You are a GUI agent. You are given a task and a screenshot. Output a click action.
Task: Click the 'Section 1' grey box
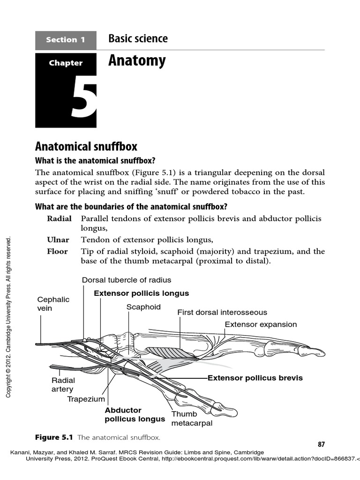(66, 40)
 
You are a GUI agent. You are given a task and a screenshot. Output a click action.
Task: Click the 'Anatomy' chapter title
(137, 61)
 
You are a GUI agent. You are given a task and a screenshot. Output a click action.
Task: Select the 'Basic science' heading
(138, 39)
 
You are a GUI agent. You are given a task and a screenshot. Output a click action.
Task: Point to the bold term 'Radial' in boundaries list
(59, 219)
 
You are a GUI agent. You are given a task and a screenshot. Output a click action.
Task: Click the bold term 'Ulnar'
(58, 239)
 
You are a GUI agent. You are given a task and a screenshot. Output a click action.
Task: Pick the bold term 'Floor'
(57, 251)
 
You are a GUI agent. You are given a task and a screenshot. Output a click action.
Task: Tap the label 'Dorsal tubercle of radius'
(127, 280)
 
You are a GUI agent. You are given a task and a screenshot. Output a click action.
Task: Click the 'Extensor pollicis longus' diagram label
(141, 293)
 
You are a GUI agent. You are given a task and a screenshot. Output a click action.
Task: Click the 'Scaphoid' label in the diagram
(143, 307)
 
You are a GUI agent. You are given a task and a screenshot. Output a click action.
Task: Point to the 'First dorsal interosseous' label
(222, 312)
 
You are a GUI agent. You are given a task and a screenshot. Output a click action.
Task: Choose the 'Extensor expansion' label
(261, 324)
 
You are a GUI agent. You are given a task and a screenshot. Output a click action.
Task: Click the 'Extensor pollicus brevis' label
(255, 378)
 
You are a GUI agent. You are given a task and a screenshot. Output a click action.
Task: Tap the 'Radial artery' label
(63, 385)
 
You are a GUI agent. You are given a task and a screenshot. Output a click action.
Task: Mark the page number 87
(321, 444)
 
